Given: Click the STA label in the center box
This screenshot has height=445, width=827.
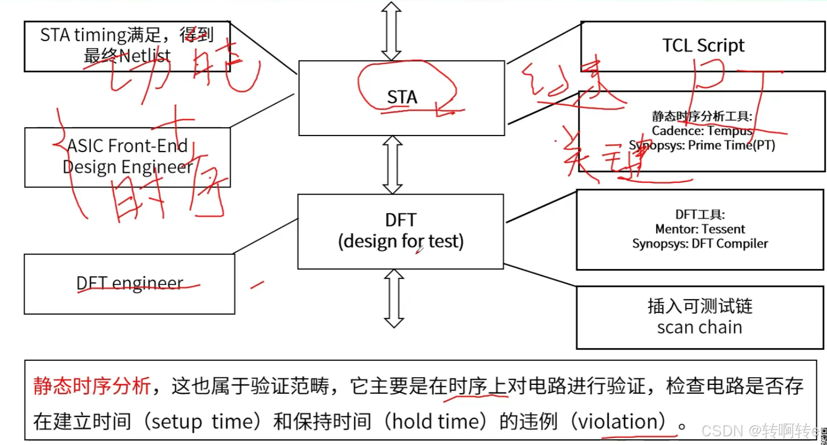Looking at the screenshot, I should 402,97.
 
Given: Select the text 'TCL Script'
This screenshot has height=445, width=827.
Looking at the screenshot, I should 703,46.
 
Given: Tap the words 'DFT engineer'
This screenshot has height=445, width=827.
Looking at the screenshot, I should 129,283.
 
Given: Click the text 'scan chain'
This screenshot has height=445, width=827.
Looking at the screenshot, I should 699,327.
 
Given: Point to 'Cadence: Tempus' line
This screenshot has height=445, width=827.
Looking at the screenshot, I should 702,131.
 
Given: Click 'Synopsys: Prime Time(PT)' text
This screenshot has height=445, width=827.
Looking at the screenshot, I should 702,145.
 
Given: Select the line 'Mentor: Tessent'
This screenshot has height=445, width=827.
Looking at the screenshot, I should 700,229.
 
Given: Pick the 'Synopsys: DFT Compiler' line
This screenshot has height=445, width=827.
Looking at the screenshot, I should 700,243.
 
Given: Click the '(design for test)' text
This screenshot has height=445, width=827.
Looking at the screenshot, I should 400,241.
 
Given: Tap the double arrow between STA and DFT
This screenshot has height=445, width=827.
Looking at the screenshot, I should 393,165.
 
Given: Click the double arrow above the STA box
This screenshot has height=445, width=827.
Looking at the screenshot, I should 392,31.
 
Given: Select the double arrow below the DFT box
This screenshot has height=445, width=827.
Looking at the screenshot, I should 394,298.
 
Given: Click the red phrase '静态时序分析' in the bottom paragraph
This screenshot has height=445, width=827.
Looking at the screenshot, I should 92,386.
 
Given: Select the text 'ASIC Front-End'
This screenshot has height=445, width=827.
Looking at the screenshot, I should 127,146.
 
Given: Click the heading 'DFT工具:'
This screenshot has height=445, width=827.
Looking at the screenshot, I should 700,215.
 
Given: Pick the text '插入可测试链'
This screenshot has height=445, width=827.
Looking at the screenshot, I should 700,306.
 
